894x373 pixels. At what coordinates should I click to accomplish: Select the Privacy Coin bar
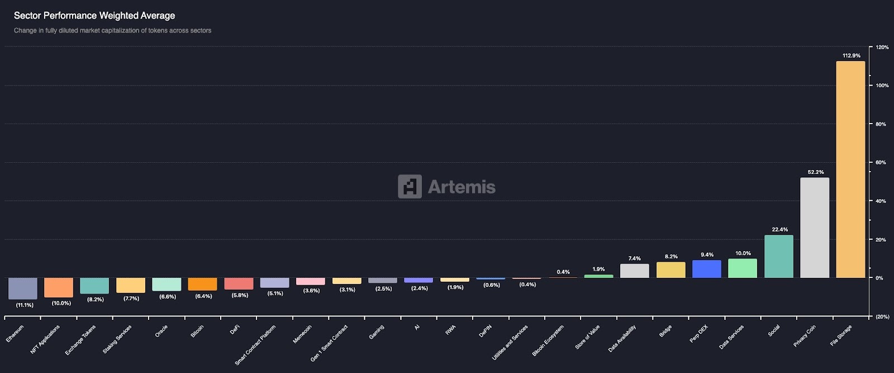click(x=815, y=228)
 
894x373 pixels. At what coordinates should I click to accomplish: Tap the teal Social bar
click(x=779, y=256)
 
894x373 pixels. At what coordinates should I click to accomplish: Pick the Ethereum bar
click(x=23, y=288)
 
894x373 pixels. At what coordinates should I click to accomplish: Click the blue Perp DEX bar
click(x=707, y=269)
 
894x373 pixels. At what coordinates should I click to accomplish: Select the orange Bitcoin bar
click(x=202, y=284)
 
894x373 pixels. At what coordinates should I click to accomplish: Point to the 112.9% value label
click(x=852, y=56)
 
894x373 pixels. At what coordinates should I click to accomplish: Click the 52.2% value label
click(x=816, y=172)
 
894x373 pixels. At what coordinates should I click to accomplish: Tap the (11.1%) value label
click(x=25, y=305)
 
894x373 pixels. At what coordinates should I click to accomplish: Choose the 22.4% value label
click(x=779, y=230)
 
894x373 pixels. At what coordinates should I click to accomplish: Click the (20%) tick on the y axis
click(x=882, y=317)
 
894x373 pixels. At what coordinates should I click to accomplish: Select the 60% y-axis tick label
click(x=881, y=163)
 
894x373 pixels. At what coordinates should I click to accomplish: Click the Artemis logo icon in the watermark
click(x=410, y=187)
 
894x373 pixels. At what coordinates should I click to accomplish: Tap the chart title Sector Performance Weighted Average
click(x=94, y=16)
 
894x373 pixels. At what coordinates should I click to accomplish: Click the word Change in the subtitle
click(x=25, y=31)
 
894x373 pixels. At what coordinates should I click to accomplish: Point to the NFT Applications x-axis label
click(x=45, y=339)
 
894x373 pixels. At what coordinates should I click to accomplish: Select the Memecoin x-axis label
click(x=302, y=334)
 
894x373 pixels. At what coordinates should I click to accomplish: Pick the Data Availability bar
click(x=635, y=271)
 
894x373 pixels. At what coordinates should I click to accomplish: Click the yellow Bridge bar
click(x=671, y=270)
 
